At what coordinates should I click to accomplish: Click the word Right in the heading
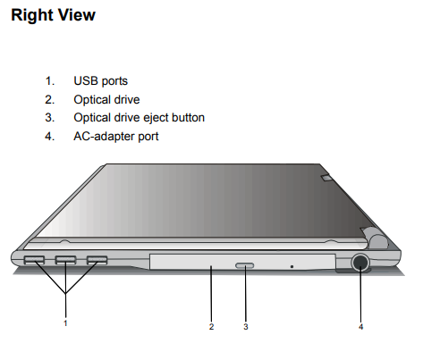click(x=31, y=15)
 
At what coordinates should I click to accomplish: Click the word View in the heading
click(x=77, y=15)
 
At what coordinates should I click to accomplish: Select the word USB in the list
click(x=85, y=80)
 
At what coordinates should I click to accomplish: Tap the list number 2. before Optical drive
click(x=50, y=99)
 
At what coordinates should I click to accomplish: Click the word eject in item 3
click(x=156, y=118)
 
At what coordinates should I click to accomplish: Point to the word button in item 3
click(x=188, y=118)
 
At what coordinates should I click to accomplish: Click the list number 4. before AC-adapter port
click(x=50, y=136)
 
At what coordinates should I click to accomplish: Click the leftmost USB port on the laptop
click(x=34, y=260)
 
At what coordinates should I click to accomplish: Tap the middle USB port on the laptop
click(x=65, y=260)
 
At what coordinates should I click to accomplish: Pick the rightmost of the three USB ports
click(x=97, y=260)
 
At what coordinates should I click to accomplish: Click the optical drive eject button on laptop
click(x=245, y=265)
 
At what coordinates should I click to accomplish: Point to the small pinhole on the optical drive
click(x=292, y=266)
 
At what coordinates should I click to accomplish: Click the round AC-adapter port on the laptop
click(x=360, y=263)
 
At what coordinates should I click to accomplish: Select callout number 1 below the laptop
click(x=65, y=323)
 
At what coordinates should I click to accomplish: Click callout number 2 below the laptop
click(x=211, y=327)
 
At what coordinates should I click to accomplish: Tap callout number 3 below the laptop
click(x=246, y=327)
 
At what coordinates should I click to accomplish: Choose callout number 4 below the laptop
click(x=360, y=327)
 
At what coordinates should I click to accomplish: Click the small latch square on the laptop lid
click(x=326, y=177)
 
